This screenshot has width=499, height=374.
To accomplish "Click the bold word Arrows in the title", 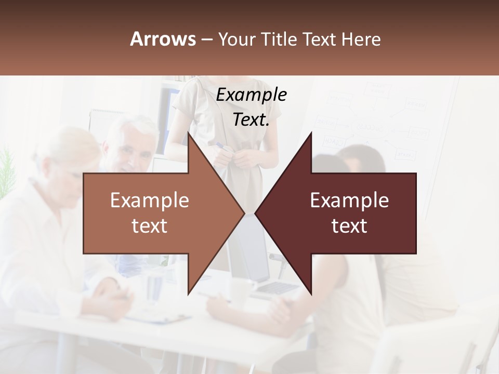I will click(x=163, y=39).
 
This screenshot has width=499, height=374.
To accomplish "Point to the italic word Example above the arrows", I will click(x=251, y=95).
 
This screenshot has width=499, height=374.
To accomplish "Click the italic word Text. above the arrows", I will click(x=251, y=119).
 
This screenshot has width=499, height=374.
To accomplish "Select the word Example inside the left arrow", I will click(x=149, y=200).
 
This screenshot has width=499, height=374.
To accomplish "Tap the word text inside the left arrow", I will click(x=149, y=225).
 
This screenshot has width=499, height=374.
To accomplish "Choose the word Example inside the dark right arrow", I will click(x=349, y=200).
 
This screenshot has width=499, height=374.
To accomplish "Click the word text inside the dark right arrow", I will click(x=349, y=225).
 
